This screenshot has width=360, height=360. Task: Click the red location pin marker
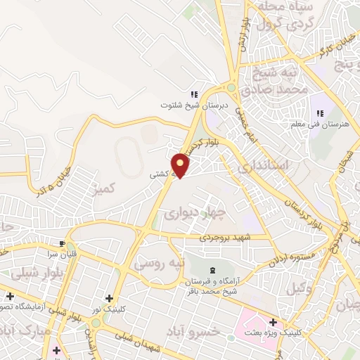[x=181, y=165]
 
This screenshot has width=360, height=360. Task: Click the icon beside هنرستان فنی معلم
[x=320, y=113]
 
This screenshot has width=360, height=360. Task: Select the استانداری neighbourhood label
[x=263, y=167]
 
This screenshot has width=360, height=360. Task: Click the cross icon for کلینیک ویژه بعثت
[x=273, y=322]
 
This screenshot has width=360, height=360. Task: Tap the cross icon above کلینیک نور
[x=108, y=299]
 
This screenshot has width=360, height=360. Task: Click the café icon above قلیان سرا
[x=63, y=243]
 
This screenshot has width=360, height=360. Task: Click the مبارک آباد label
[x=25, y=330]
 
